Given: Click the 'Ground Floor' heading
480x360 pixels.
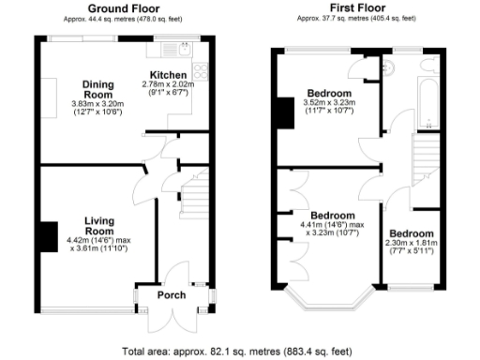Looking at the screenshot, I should [122, 7].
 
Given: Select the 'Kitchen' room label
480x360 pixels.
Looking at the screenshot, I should [169, 74].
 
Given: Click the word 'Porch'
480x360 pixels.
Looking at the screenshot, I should [171, 295].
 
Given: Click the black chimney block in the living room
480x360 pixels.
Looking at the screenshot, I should [47, 234].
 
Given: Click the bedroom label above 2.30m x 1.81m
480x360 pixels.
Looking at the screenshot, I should [412, 233].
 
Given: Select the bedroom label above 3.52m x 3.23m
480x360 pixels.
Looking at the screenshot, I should [329, 94].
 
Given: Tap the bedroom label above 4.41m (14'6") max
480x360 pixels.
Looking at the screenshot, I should [334, 215].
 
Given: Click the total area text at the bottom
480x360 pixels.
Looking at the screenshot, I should [239, 352].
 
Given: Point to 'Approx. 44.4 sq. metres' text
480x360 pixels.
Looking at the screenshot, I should [122, 18].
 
